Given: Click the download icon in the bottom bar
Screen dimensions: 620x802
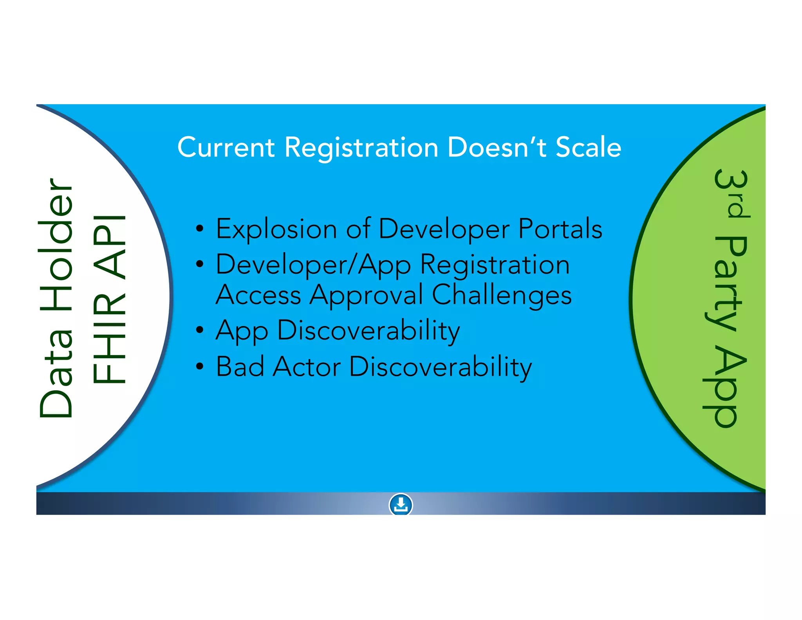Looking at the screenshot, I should (x=401, y=504).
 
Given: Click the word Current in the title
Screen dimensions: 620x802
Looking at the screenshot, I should (x=226, y=148).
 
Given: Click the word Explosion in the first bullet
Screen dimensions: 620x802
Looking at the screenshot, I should (x=276, y=229).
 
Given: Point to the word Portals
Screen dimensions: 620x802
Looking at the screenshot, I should (x=560, y=229).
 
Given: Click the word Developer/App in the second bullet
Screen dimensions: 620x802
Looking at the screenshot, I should (x=313, y=265).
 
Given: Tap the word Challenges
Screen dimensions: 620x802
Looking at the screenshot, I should (x=502, y=295).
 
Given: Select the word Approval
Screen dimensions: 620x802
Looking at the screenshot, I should (x=367, y=295).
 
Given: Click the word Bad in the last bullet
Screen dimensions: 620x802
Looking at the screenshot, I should (x=240, y=367).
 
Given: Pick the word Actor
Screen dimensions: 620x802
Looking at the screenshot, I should (x=307, y=367).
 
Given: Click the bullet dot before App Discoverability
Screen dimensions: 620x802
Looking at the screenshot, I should (x=200, y=330).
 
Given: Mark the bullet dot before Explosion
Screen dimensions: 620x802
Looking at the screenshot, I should (x=200, y=229).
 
